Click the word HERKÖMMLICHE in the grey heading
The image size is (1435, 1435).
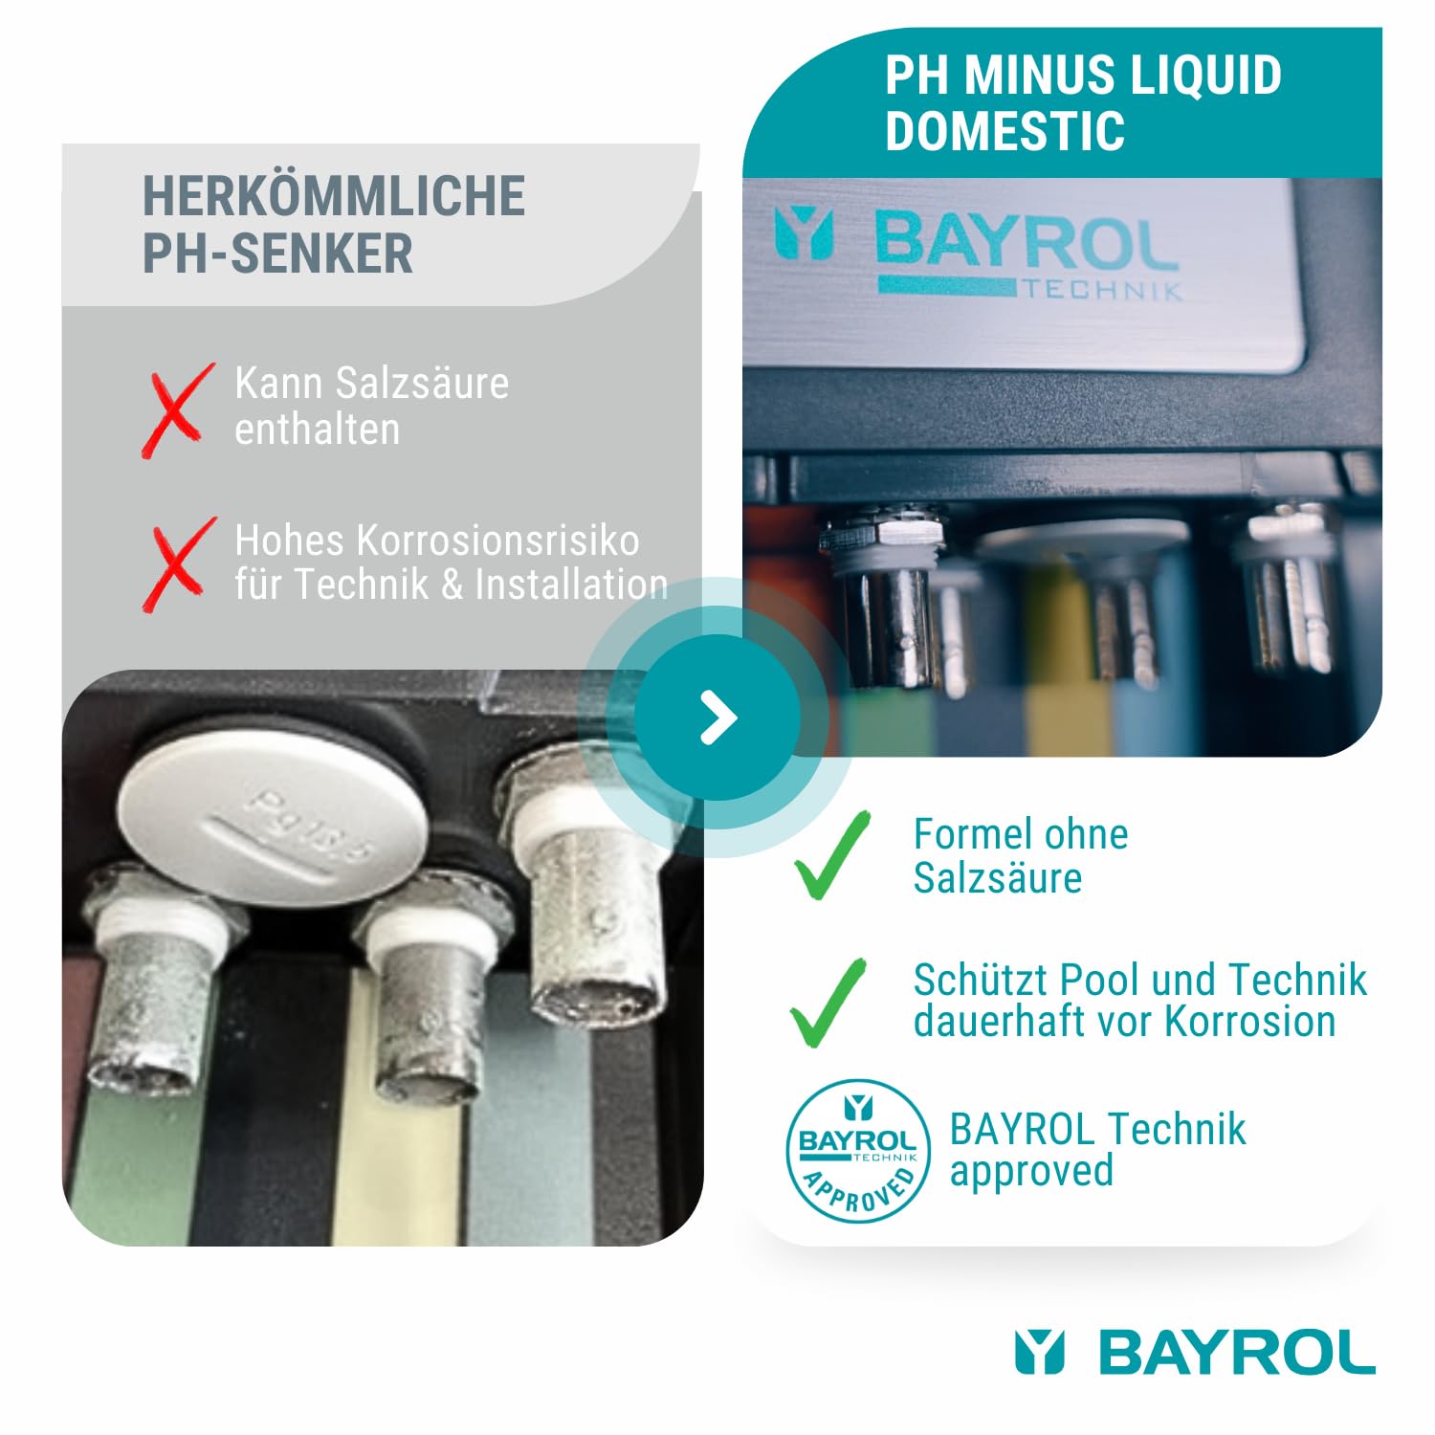tap(334, 196)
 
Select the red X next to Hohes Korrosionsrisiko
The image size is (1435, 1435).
tap(178, 563)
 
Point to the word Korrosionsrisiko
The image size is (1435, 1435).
tap(498, 541)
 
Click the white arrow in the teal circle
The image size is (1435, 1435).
tap(718, 717)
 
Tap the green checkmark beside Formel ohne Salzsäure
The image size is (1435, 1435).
tap(831, 855)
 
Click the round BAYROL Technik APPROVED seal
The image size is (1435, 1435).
tap(857, 1151)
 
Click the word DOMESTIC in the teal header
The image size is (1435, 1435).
tap(1004, 131)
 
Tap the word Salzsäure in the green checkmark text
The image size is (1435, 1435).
tap(997, 878)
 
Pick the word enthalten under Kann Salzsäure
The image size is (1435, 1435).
tap(317, 430)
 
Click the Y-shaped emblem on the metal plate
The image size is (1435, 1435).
tap(804, 234)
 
